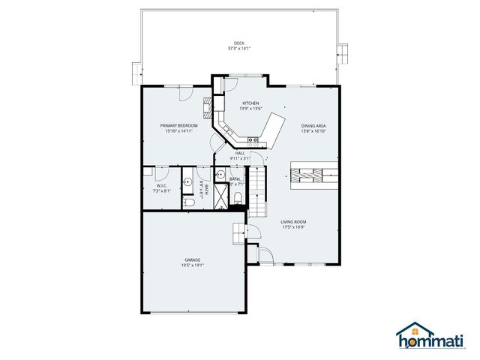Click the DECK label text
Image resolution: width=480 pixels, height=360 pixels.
[239, 43]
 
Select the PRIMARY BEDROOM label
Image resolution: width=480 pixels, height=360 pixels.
[179, 125]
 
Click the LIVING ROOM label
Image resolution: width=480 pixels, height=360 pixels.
[293, 222]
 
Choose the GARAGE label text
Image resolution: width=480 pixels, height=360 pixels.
[192, 259]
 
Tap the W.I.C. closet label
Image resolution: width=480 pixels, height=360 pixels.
[161, 186]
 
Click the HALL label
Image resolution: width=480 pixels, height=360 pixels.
[240, 153]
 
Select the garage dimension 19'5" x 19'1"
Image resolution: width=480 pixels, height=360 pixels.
[192, 265]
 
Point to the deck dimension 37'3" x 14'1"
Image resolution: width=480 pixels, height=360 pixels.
[239, 49]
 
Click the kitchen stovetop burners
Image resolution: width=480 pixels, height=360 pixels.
[253, 139]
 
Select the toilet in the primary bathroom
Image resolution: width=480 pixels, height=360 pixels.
[190, 202]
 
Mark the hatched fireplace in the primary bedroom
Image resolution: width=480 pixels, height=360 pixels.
[208, 104]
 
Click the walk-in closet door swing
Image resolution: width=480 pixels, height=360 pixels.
[166, 174]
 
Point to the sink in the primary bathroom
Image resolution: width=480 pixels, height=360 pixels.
[187, 181]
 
